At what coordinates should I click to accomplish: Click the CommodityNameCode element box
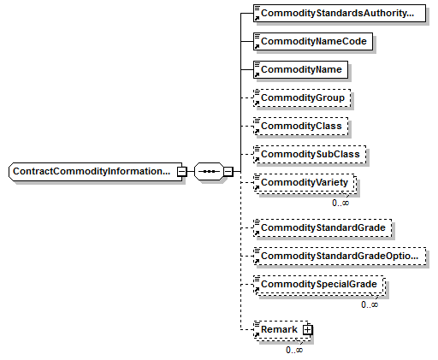point(313,41)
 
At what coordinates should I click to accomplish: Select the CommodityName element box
point(300,69)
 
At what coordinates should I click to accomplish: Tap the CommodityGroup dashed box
point(302,97)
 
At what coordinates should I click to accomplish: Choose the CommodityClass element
point(300,126)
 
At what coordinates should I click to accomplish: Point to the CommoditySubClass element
point(310,154)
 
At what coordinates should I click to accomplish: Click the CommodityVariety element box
point(305,183)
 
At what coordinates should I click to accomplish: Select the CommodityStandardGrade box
point(323,227)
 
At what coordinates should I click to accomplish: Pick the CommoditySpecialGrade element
point(319,285)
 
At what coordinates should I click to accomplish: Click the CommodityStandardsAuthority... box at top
point(340,13)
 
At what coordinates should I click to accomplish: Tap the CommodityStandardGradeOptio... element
point(340,256)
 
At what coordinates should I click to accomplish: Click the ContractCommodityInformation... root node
point(96,172)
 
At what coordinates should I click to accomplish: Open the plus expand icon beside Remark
point(308,330)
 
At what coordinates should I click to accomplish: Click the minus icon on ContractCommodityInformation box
point(182,172)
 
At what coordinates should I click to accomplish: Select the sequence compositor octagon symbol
point(209,172)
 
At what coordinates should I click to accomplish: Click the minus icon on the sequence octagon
point(228,172)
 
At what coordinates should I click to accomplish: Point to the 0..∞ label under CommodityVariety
point(340,203)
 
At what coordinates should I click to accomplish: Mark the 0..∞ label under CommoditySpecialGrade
point(370,304)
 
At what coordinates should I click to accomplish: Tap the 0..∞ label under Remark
point(294,350)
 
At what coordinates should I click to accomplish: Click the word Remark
point(279,329)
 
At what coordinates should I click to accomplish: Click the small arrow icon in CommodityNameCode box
point(257,46)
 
